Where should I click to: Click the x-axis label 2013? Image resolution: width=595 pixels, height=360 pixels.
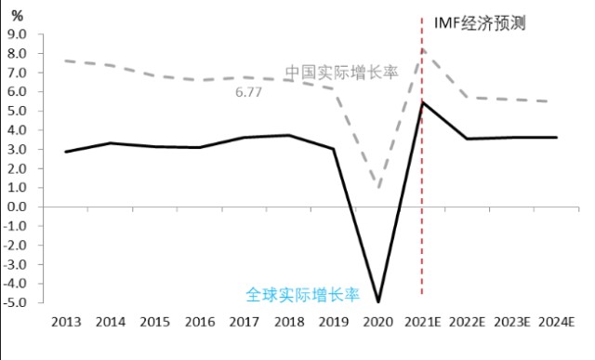[66, 322]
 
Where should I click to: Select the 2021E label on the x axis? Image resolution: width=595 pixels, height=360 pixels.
[423, 322]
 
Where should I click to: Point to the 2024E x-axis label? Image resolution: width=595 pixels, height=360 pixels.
[557, 322]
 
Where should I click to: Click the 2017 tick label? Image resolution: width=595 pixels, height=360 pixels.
[245, 322]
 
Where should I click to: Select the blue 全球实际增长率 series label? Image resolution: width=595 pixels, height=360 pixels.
[302, 294]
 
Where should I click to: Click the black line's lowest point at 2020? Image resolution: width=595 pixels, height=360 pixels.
[378, 301]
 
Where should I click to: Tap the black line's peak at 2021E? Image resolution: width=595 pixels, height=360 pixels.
[423, 102]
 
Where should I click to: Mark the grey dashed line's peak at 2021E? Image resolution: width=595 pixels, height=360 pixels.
[423, 50]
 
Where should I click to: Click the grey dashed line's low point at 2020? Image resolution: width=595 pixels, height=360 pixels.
[378, 188]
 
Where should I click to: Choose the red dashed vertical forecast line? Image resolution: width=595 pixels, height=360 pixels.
[423, 186]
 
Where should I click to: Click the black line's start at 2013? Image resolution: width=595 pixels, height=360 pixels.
[66, 152]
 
